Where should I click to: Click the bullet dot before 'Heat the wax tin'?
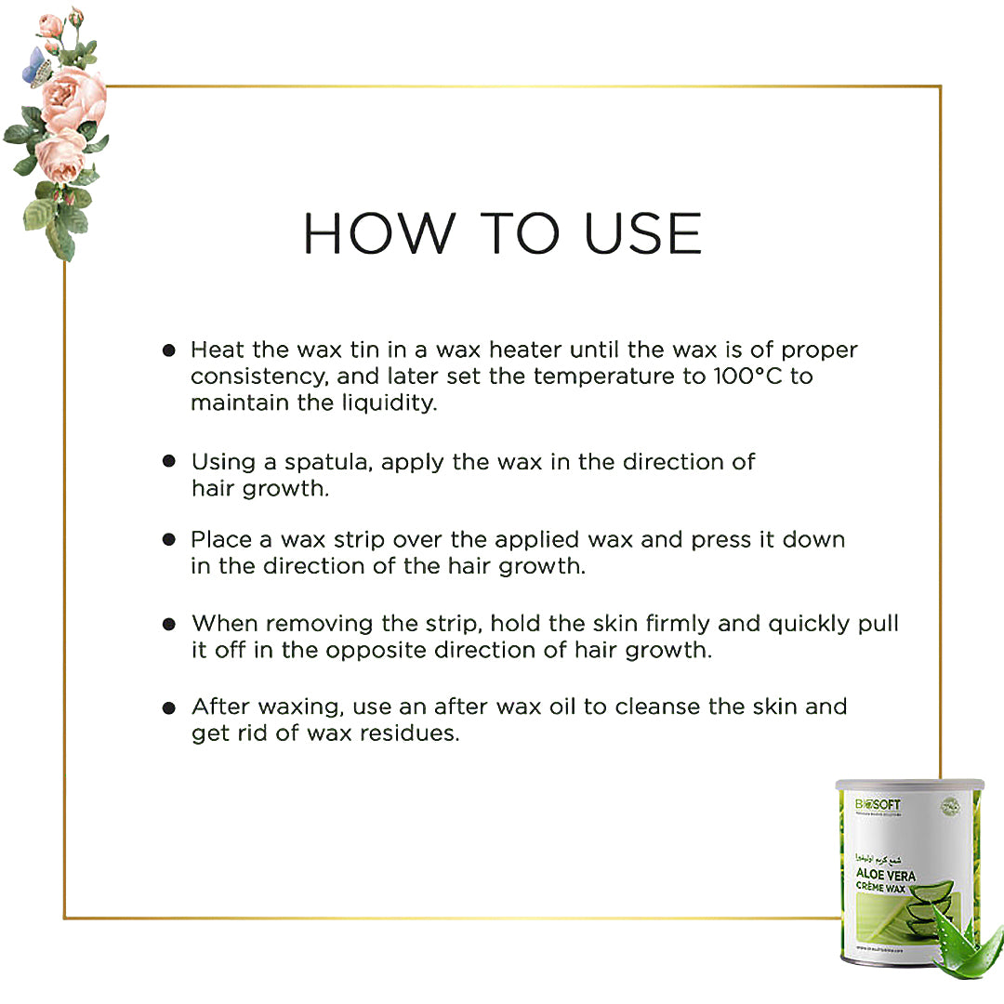click(169, 350)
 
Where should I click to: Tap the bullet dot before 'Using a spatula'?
click(169, 461)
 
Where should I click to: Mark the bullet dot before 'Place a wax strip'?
click(169, 539)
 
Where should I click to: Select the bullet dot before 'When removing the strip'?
click(169, 623)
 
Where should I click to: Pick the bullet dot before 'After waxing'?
click(169, 707)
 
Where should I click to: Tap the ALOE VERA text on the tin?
click(886, 875)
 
